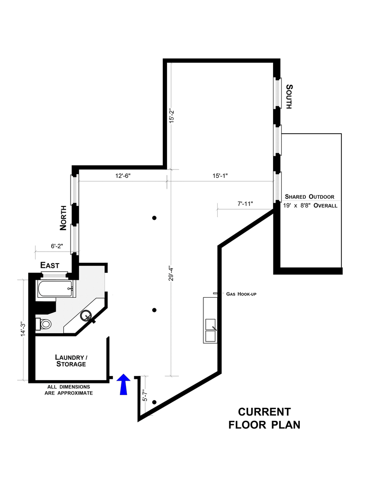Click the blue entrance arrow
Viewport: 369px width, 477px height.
[x=123, y=384]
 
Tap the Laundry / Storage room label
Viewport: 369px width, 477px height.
[x=71, y=360]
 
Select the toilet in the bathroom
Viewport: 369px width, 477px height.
[x=45, y=324]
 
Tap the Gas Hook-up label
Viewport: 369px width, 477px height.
[x=241, y=294]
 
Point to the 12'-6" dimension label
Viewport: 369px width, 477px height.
[x=124, y=176]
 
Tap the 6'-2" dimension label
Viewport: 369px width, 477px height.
[x=57, y=246]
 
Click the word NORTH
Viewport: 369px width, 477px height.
[x=64, y=218]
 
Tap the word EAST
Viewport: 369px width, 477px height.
[x=50, y=265]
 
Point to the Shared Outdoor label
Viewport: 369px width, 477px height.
[x=309, y=196]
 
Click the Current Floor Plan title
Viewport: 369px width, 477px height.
[x=264, y=418]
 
